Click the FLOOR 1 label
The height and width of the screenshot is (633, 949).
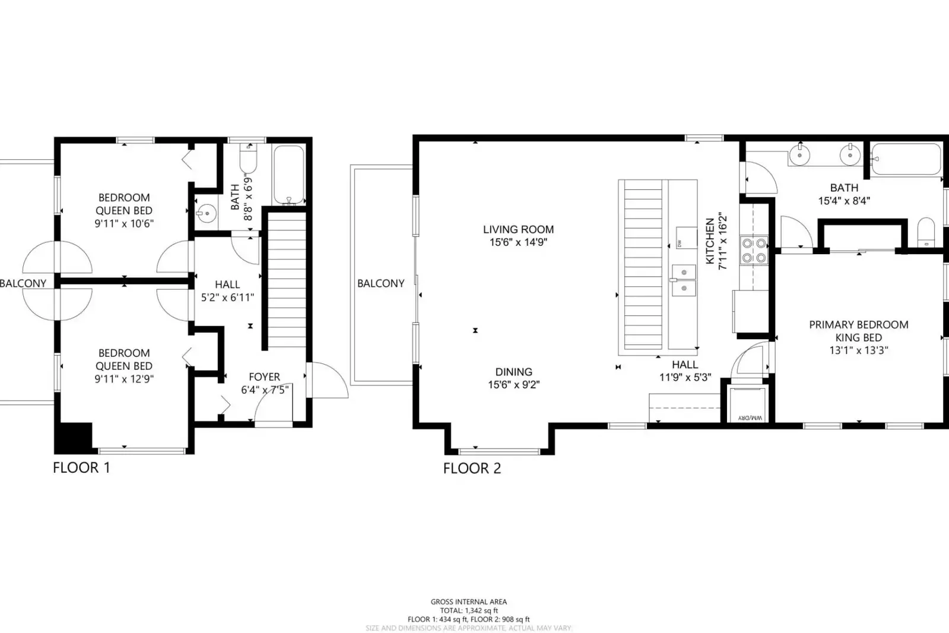click(x=81, y=467)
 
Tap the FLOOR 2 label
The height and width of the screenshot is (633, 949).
click(x=472, y=468)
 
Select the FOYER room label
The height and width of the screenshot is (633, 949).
click(x=264, y=376)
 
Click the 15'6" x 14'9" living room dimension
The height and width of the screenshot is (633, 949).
click(x=518, y=242)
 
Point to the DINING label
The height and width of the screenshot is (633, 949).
click(x=513, y=372)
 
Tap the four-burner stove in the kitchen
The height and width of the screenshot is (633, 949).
click(x=753, y=250)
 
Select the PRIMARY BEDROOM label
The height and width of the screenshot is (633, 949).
click(x=858, y=324)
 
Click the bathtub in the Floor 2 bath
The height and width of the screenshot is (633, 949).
click(x=906, y=159)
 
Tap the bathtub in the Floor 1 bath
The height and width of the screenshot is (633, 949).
click(x=288, y=175)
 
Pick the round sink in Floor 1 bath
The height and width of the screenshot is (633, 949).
click(x=206, y=213)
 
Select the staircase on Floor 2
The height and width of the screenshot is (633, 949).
click(x=642, y=264)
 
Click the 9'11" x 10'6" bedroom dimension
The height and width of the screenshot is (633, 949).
click(x=123, y=224)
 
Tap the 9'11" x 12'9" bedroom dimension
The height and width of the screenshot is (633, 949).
click(x=123, y=379)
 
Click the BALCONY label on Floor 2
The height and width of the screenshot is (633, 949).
click(x=380, y=283)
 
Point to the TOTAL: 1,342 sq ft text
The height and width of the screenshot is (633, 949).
click(x=468, y=610)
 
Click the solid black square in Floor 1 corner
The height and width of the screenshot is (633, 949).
click(x=74, y=438)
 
